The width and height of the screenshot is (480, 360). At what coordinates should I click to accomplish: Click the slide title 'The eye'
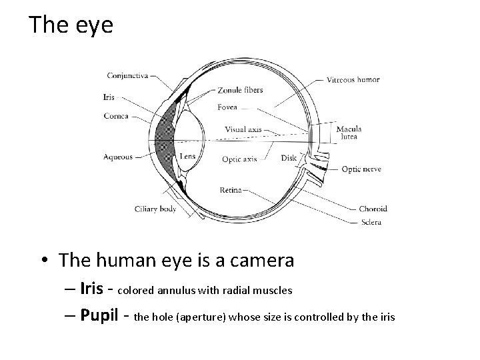pos(71,26)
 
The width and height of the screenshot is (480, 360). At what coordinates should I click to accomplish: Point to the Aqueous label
pos(118,157)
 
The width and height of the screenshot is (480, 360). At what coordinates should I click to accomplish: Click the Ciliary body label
pos(155,209)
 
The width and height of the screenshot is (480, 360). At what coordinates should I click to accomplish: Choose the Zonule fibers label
pos(240,90)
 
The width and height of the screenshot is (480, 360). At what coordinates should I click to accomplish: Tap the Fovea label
pos(227,107)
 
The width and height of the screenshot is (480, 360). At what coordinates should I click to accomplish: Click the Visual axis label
pos(243,129)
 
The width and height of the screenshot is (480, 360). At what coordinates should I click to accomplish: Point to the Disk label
pos(289,159)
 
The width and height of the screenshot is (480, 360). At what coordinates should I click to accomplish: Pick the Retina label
pos(231,190)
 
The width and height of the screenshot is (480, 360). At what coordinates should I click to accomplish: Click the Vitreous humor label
pos(353,79)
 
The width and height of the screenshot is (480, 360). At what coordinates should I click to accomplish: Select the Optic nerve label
pos(361,169)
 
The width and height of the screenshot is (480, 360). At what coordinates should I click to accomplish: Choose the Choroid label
pos(373,209)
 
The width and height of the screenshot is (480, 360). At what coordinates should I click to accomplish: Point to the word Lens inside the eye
pos(187,156)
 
